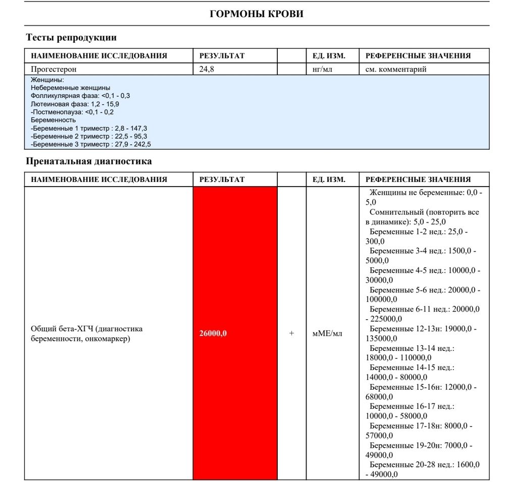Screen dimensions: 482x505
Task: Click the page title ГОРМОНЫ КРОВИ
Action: click(x=257, y=14)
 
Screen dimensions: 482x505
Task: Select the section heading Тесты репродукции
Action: click(x=71, y=38)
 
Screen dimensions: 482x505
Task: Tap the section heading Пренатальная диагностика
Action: click(x=88, y=162)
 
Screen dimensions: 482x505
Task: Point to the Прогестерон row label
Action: click(x=54, y=69)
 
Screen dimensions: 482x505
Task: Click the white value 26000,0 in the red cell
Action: click(x=213, y=333)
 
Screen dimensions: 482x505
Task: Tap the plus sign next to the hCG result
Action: click(x=291, y=333)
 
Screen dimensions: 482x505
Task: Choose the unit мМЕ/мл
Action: click(x=327, y=333)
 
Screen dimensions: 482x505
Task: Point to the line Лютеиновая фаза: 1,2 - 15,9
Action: click(x=75, y=104)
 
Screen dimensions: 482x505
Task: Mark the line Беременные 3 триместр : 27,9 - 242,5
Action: click(x=91, y=144)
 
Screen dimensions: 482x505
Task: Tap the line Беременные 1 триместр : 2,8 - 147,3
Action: click(x=89, y=128)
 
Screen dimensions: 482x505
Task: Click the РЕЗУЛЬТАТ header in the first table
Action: click(x=222, y=56)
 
